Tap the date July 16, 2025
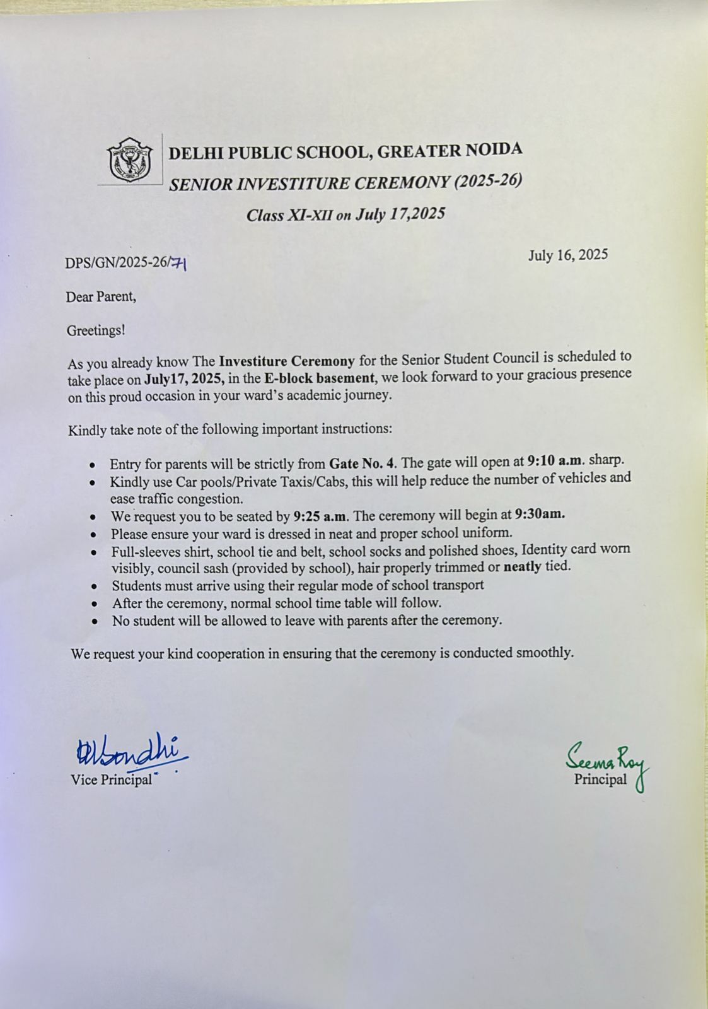tap(567, 255)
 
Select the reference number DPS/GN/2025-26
tap(117, 263)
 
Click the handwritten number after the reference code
tap(179, 263)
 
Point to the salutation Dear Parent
tap(101, 296)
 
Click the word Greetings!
tap(96, 330)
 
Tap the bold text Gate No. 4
tap(363, 464)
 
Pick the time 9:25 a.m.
tap(320, 516)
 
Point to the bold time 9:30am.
tap(540, 514)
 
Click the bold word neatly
tap(522, 566)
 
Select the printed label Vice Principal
tap(111, 780)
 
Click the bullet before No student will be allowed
tap(95, 622)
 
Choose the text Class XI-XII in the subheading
tap(289, 216)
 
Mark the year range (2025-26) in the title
tap(488, 182)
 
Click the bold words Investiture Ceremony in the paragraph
tap(287, 362)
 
